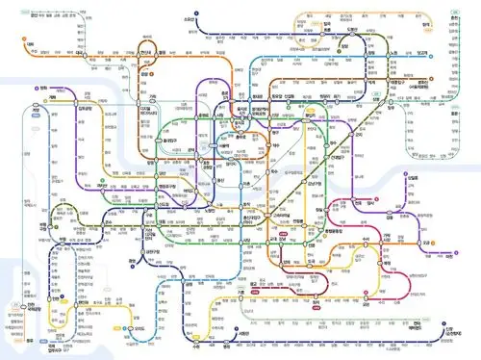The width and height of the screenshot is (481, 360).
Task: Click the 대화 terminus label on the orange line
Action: pos(31,43)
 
